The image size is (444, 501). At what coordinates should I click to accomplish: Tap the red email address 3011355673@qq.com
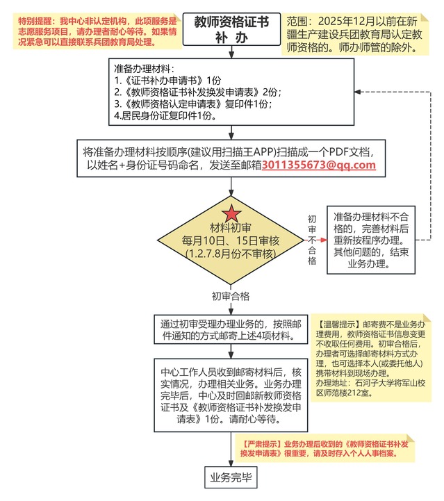pyautogui.click(x=318, y=165)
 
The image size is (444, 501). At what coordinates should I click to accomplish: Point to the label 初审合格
pyautogui.click(x=231, y=295)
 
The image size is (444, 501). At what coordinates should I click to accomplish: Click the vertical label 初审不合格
pyautogui.click(x=312, y=240)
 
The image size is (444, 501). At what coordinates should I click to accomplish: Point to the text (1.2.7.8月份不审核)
pyautogui.click(x=231, y=254)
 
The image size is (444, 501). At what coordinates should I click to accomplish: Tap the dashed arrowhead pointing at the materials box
pyautogui.click(x=358, y=92)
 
